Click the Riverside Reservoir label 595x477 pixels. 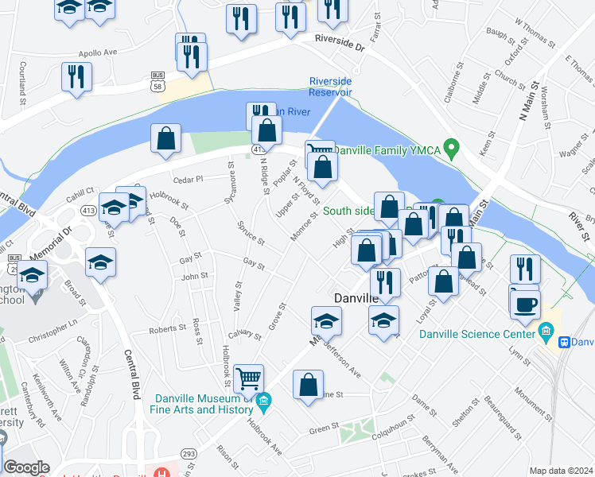(330, 87)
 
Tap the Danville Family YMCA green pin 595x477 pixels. (451, 148)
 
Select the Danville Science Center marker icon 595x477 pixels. (546, 329)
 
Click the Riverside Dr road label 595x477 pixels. (339, 41)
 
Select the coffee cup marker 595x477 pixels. (526, 304)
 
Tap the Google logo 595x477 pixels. (26, 467)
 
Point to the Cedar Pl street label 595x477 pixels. (189, 179)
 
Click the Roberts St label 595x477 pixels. (167, 329)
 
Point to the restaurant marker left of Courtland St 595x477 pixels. (76, 76)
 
